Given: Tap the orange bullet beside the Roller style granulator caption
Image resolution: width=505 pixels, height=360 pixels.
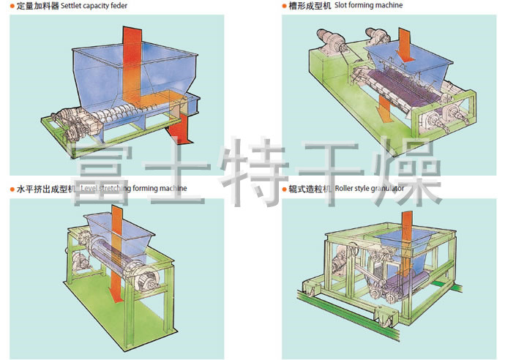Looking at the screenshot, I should [x=285, y=189].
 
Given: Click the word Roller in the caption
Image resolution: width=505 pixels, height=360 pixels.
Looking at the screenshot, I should [x=345, y=189].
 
